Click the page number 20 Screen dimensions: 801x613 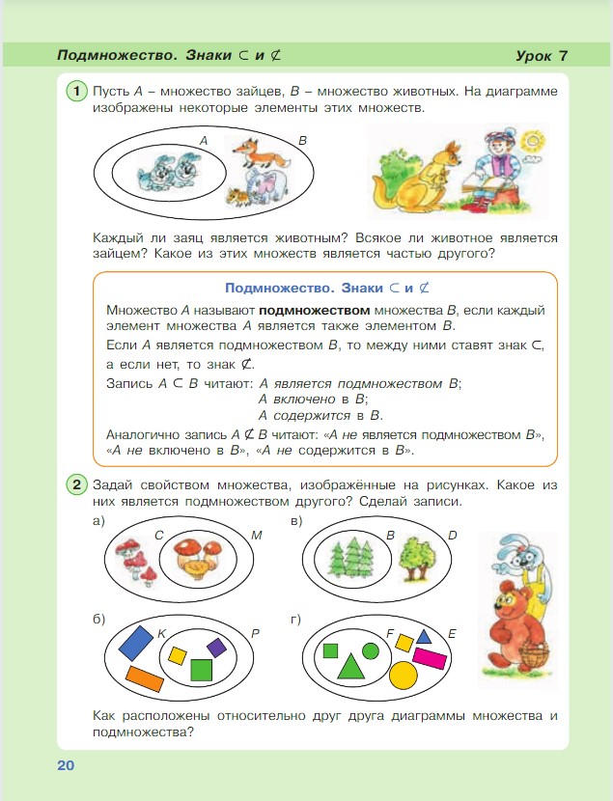[66, 765]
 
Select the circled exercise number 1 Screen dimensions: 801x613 [77, 91]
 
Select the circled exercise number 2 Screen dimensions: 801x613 [77, 483]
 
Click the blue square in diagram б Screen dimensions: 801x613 [135, 642]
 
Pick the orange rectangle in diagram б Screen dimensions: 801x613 [144, 677]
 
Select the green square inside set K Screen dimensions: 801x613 [201, 670]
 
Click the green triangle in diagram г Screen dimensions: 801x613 [349, 666]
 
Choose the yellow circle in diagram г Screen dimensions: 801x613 [403, 673]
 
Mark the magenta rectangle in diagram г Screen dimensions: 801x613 [430, 658]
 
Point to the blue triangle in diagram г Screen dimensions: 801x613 [423, 638]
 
